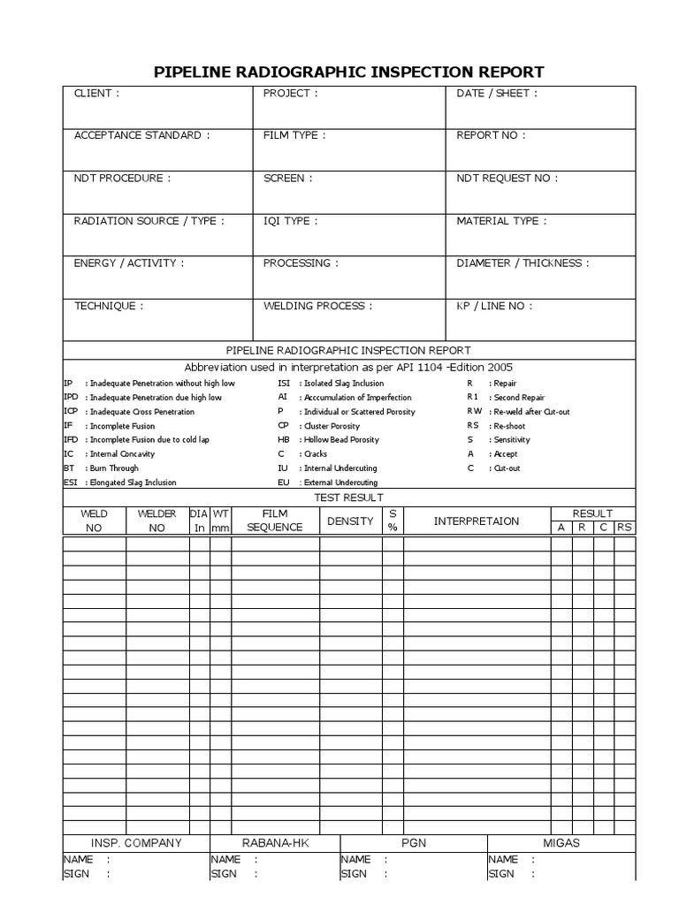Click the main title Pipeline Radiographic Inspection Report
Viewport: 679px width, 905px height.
click(348, 72)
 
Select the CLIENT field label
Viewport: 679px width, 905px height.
click(96, 93)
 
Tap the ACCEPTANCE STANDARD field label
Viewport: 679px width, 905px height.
click(142, 135)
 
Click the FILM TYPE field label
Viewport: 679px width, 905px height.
click(294, 135)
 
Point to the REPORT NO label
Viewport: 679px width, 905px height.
click(491, 135)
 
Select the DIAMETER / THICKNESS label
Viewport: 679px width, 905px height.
click(523, 263)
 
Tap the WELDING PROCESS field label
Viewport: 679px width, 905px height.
click(317, 306)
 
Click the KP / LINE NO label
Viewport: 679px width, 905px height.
click(494, 306)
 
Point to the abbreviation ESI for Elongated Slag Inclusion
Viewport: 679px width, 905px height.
click(71, 483)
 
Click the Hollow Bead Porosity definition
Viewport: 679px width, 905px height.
click(340, 439)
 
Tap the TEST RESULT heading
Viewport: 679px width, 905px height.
click(349, 498)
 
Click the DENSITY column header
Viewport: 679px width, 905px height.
click(350, 521)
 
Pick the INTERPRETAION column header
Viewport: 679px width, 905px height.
click(477, 521)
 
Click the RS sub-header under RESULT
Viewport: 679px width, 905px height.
click(625, 528)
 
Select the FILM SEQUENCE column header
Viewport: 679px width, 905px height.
click(275, 521)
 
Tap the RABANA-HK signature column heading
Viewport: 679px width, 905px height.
click(274, 843)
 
